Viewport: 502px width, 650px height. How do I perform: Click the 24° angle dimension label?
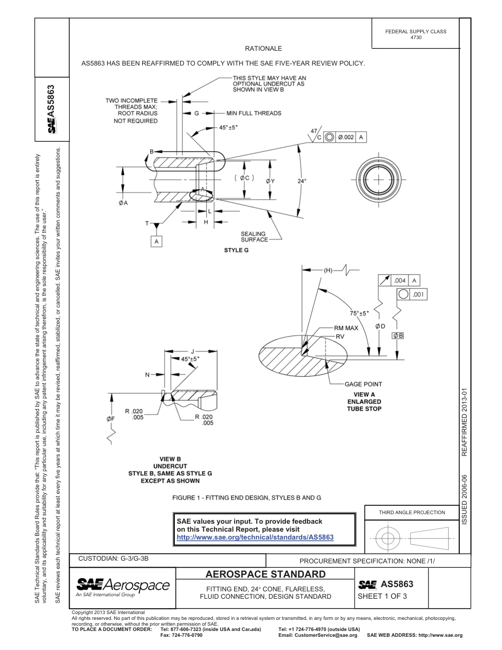point(302,181)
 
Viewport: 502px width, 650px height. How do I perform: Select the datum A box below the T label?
point(156,241)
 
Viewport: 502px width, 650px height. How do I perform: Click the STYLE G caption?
point(236,250)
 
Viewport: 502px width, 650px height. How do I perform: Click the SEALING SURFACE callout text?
point(254,237)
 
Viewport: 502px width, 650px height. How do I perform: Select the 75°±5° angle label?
point(359,313)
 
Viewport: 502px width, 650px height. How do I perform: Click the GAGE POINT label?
point(363,384)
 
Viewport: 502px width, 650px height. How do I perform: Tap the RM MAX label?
point(346,328)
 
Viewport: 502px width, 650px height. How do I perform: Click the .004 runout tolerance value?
point(399,281)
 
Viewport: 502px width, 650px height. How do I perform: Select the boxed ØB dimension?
point(397,336)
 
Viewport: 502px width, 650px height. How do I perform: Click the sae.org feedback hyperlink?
point(255,537)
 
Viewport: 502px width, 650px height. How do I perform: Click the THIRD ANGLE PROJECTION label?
point(412,512)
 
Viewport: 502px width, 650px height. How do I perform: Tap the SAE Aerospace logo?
point(123,586)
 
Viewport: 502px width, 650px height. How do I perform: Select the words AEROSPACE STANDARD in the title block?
point(265,574)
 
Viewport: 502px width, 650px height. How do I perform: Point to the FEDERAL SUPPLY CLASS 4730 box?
point(415,34)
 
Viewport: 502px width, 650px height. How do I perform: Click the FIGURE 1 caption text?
point(246,498)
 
